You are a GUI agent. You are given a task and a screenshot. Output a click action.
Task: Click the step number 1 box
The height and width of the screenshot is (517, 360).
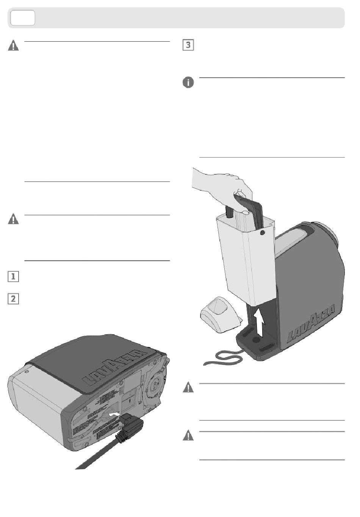coord(13,276)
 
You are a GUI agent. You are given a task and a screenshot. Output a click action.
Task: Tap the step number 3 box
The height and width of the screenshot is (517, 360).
coord(188,45)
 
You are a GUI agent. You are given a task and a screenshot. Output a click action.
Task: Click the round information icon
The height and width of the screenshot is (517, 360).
coord(188,82)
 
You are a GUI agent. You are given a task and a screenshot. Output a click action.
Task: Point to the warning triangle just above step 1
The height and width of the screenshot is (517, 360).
coord(13,219)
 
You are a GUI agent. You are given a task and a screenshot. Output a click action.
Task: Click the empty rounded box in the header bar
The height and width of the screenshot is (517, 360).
coord(23,18)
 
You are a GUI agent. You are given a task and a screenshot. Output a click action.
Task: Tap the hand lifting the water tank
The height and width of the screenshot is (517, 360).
coord(224,184)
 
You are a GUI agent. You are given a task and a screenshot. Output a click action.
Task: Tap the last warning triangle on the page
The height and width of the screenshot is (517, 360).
coord(188,436)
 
